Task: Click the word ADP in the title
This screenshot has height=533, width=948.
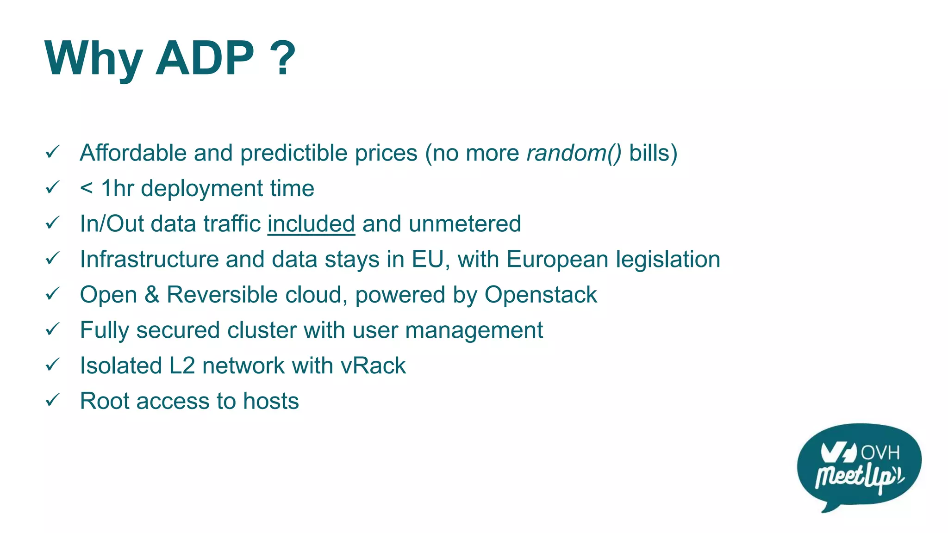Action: click(205, 58)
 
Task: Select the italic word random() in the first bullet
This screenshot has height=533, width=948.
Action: click(574, 153)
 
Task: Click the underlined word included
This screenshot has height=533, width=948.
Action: click(311, 224)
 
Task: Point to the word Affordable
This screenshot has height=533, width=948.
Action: click(133, 153)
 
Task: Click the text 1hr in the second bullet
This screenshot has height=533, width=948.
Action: click(118, 188)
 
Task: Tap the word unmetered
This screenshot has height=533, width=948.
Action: click(465, 224)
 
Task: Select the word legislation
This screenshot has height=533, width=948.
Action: click(668, 260)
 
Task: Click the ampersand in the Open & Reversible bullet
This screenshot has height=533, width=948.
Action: click(152, 295)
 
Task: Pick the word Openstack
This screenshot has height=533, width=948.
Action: click(541, 295)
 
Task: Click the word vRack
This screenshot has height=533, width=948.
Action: click(373, 366)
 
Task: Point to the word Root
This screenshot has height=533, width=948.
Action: click(105, 401)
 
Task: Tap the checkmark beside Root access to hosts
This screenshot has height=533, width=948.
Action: click(52, 400)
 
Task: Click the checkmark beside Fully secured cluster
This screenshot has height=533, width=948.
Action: click(52, 329)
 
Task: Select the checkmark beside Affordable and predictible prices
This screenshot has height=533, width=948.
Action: click(52, 152)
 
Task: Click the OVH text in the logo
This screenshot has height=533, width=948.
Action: click(880, 452)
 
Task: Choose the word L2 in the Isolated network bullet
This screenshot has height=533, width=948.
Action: click(182, 366)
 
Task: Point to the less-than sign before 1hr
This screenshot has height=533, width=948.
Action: click(87, 189)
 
